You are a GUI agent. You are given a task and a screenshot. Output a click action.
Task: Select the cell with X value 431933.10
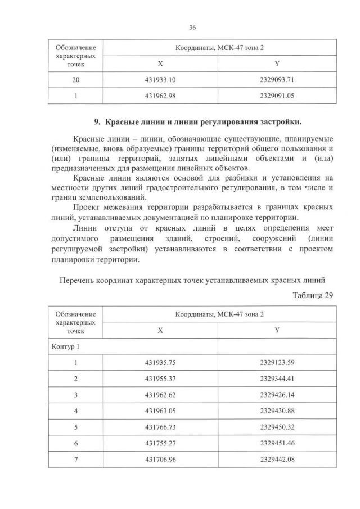(160, 80)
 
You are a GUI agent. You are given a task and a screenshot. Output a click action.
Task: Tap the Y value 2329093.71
(277, 80)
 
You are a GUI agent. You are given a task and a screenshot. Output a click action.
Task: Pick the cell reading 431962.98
(160, 96)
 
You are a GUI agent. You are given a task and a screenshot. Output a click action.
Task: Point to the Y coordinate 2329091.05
(277, 96)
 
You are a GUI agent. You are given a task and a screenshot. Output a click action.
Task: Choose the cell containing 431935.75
(160, 363)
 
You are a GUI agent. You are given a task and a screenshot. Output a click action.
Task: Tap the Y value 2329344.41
(277, 379)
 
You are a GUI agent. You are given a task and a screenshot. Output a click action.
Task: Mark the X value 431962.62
(160, 395)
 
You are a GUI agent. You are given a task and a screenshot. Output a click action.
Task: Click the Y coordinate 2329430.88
(277, 411)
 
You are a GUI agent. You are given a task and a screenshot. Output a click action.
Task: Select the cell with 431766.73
(160, 427)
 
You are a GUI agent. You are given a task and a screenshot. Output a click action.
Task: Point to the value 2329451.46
(277, 443)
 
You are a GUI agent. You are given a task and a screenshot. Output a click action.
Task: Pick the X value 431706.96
(160, 459)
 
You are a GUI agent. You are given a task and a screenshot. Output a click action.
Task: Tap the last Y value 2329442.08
(277, 459)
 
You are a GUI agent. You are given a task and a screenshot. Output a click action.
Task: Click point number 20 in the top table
(76, 80)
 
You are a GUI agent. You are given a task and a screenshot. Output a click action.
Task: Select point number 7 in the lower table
(76, 459)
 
